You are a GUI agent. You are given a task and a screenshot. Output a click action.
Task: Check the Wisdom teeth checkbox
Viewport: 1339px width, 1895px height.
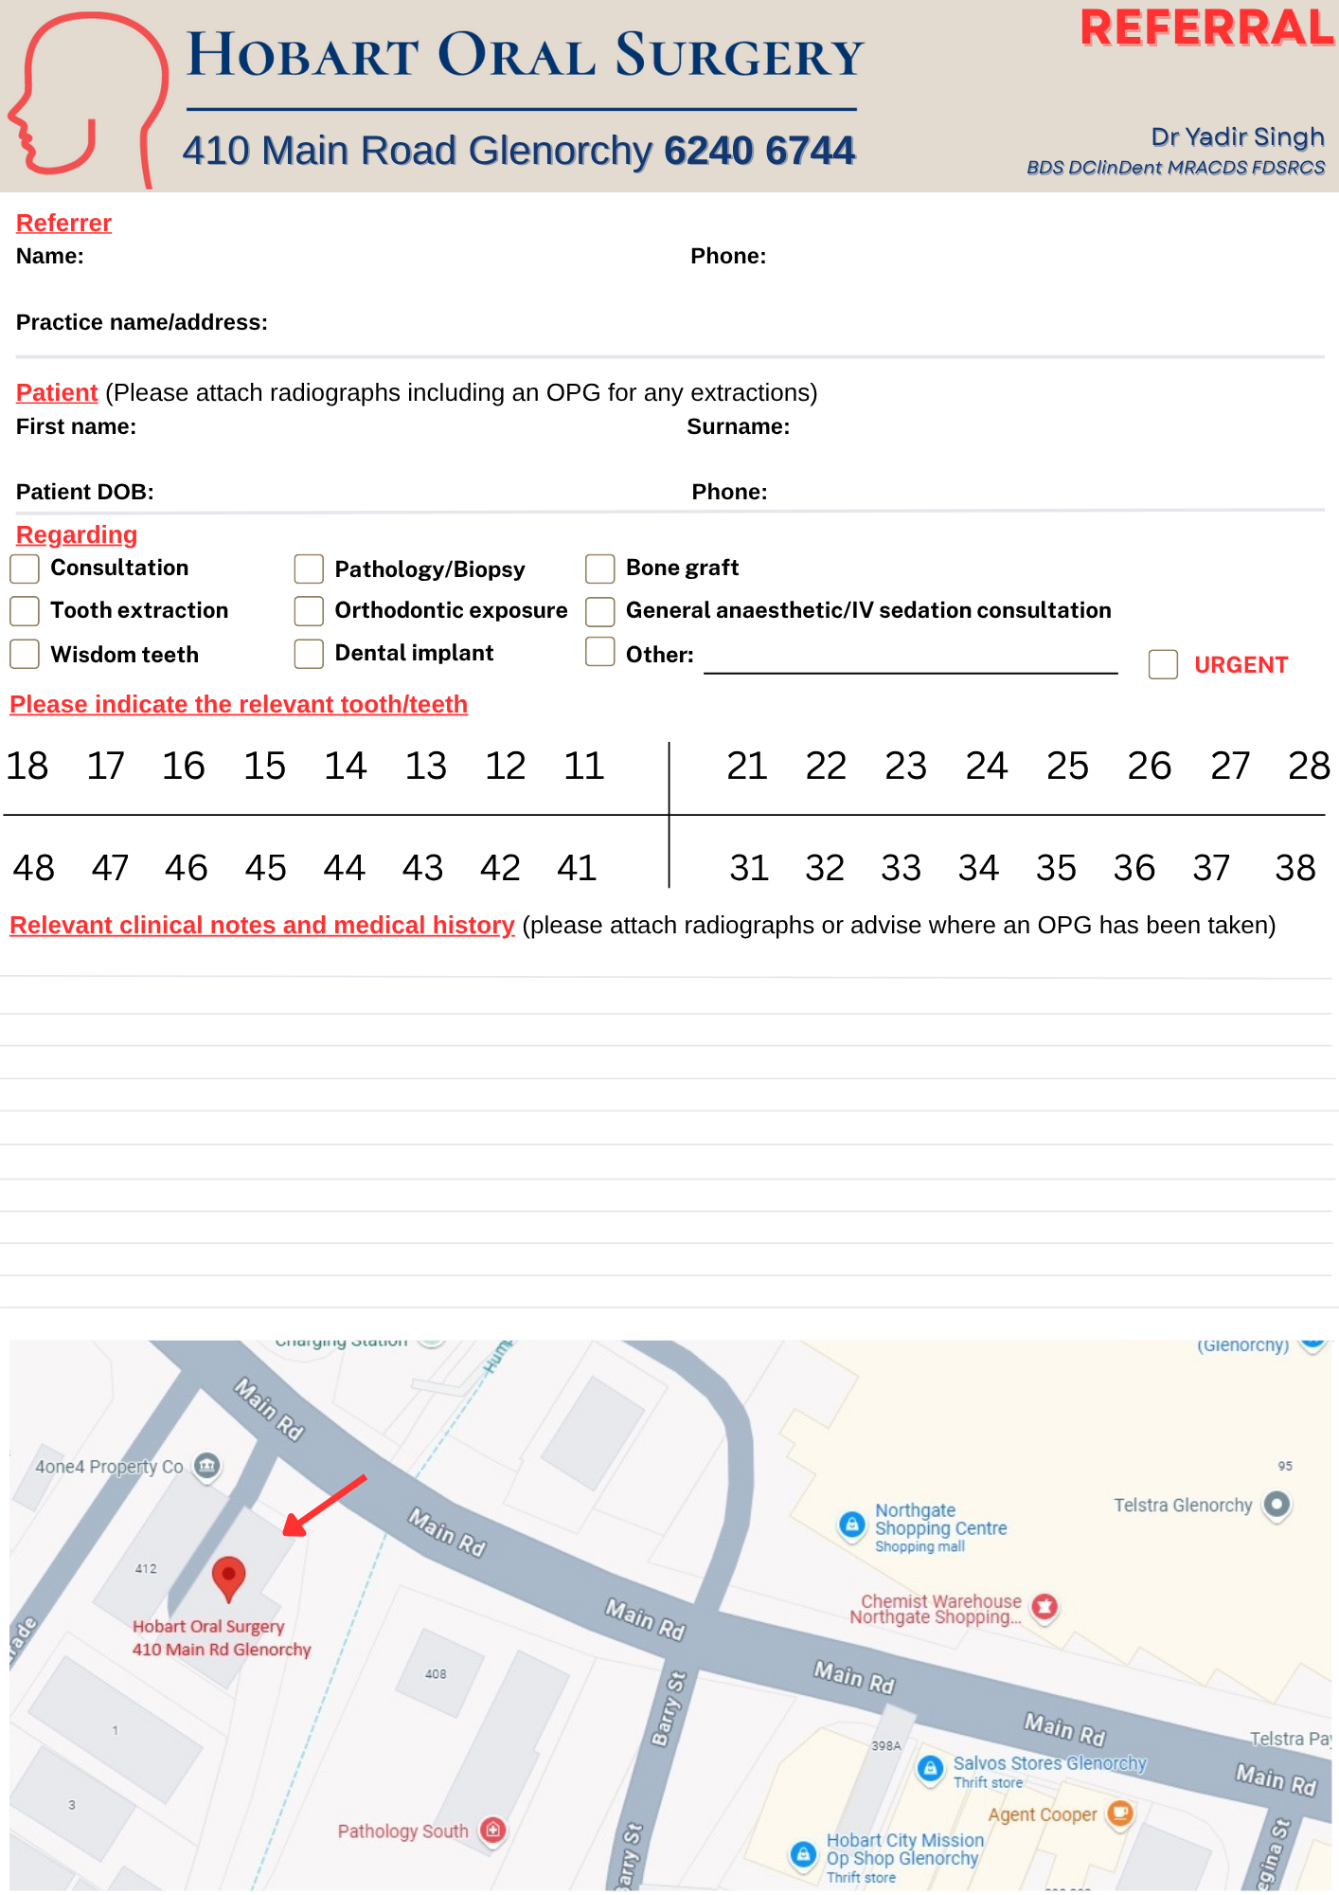tap(25, 654)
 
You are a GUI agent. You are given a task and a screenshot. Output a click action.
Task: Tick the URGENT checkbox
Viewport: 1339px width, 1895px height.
tap(1163, 664)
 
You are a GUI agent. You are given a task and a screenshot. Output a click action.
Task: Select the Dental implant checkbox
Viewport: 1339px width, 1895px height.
tap(309, 654)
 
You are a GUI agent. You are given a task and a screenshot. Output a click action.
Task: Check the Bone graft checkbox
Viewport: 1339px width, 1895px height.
tap(600, 568)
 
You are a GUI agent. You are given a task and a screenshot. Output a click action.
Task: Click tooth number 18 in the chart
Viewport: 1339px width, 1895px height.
tap(27, 766)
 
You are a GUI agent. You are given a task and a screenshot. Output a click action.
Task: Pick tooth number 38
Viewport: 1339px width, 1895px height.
tap(1294, 868)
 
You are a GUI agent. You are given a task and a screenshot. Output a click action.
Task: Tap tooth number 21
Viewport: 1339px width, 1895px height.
tap(746, 766)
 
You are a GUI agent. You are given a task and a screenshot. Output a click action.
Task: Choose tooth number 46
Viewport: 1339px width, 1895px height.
tap(186, 868)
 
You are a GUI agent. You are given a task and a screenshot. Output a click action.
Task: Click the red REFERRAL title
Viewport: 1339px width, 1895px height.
tap(1206, 28)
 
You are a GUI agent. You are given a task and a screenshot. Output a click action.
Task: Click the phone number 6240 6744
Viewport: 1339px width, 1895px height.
tap(759, 151)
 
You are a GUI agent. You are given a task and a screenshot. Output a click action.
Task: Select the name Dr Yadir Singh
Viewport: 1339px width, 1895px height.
tap(1237, 137)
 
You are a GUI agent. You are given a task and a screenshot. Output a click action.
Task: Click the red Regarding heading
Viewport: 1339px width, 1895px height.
tap(77, 535)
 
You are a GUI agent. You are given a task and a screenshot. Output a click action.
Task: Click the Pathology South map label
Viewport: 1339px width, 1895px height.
tap(402, 1832)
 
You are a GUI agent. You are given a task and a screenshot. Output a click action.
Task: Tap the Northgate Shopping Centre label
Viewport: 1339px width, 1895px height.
tap(939, 1520)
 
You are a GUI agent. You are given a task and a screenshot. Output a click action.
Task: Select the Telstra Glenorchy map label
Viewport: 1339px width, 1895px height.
tap(1183, 1506)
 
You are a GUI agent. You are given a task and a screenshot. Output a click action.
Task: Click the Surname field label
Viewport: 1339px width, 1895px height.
tap(738, 427)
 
